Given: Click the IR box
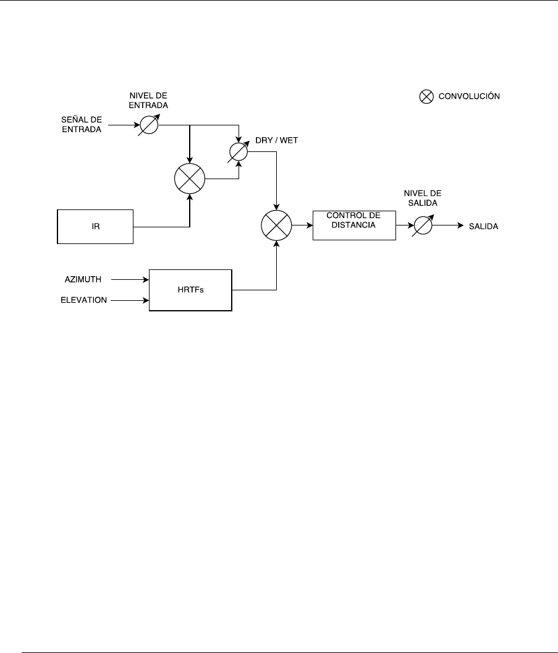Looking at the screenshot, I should tap(95, 227).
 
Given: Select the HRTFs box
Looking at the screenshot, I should tap(191, 290).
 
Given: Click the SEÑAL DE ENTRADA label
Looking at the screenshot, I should tap(80, 124).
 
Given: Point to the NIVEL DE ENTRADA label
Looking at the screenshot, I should tap(148, 101).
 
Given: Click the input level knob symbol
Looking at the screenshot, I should tap(149, 124).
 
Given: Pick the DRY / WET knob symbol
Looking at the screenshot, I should tap(239, 152).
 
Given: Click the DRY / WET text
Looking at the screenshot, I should tap(277, 140).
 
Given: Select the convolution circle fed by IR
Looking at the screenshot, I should tap(190, 180).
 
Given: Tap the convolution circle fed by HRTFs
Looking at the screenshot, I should tap(276, 226).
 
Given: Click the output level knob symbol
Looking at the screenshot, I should tap(422, 226).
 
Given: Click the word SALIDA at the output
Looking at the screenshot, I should tap(483, 227).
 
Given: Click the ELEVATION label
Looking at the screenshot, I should tap(84, 300).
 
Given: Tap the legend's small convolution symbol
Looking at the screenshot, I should tap(426, 96).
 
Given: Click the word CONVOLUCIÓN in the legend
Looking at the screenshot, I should tap(469, 96).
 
